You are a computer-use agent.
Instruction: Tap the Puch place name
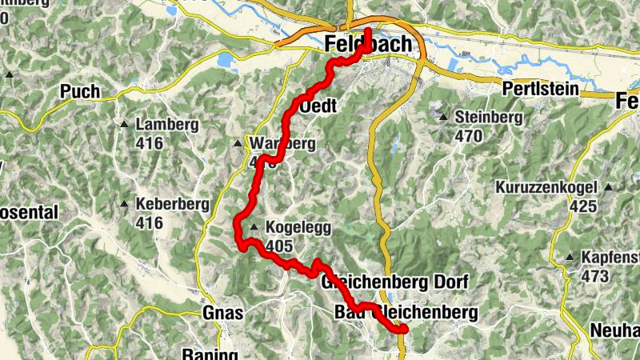(80, 92)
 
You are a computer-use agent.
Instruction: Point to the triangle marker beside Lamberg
(125, 125)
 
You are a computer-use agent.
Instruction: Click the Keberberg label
(171, 204)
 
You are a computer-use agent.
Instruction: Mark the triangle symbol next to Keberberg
(125, 204)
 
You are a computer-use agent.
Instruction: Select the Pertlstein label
(539, 90)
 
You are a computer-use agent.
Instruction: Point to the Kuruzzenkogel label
(546, 188)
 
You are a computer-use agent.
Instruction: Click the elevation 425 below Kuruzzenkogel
(583, 206)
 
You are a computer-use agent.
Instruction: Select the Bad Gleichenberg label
(405, 312)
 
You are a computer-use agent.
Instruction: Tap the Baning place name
(210, 354)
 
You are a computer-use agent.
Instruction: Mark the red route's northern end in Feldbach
(368, 32)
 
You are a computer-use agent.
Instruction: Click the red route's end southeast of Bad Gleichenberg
(404, 329)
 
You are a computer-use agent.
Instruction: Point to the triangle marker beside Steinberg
(443, 118)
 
